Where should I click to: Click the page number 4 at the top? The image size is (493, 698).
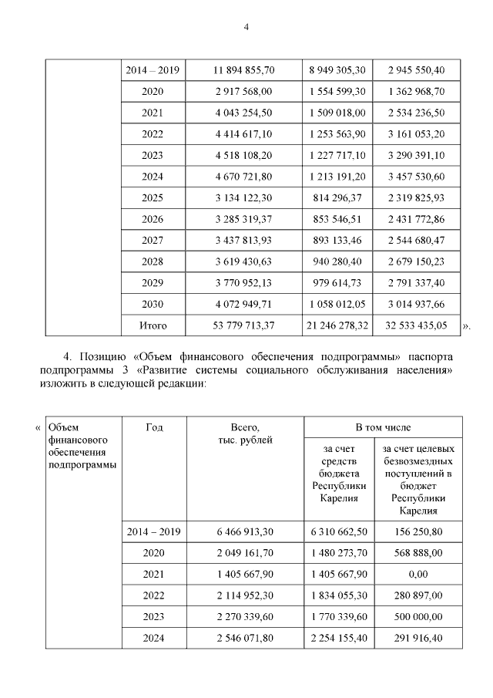coord(246,26)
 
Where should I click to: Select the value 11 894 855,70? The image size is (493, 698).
coord(243,70)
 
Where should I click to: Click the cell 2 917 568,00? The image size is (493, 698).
coord(243,91)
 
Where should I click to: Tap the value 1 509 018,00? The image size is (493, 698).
coord(337,113)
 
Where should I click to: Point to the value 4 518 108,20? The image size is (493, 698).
coord(243,155)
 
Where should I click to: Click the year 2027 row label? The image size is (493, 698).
coord(153,241)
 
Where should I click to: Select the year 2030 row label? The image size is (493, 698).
coord(153,305)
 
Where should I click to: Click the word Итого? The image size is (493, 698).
coord(153,325)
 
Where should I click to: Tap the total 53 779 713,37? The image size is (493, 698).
coord(243,325)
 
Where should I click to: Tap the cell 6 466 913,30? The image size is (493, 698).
coord(243,531)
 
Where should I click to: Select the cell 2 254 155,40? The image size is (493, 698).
coord(337,639)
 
